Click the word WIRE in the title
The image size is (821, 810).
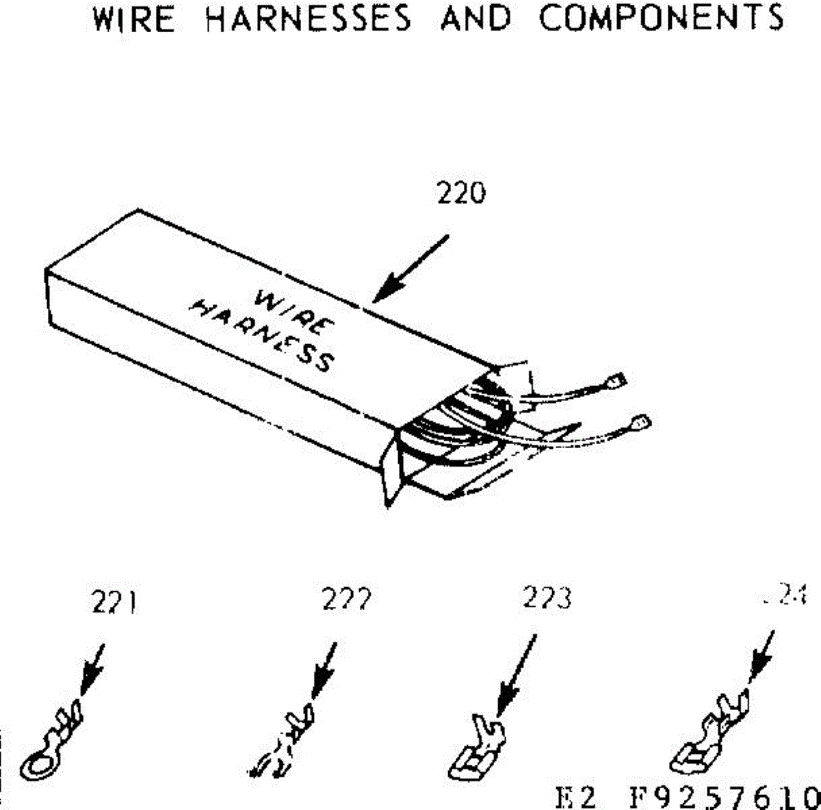133,18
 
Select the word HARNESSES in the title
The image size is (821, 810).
309,18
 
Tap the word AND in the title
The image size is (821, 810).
476,18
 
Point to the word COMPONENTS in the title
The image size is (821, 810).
661,18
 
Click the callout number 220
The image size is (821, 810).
461,194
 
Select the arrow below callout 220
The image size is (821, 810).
410,268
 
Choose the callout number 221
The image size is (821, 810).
114,603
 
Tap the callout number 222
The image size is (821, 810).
346,601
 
